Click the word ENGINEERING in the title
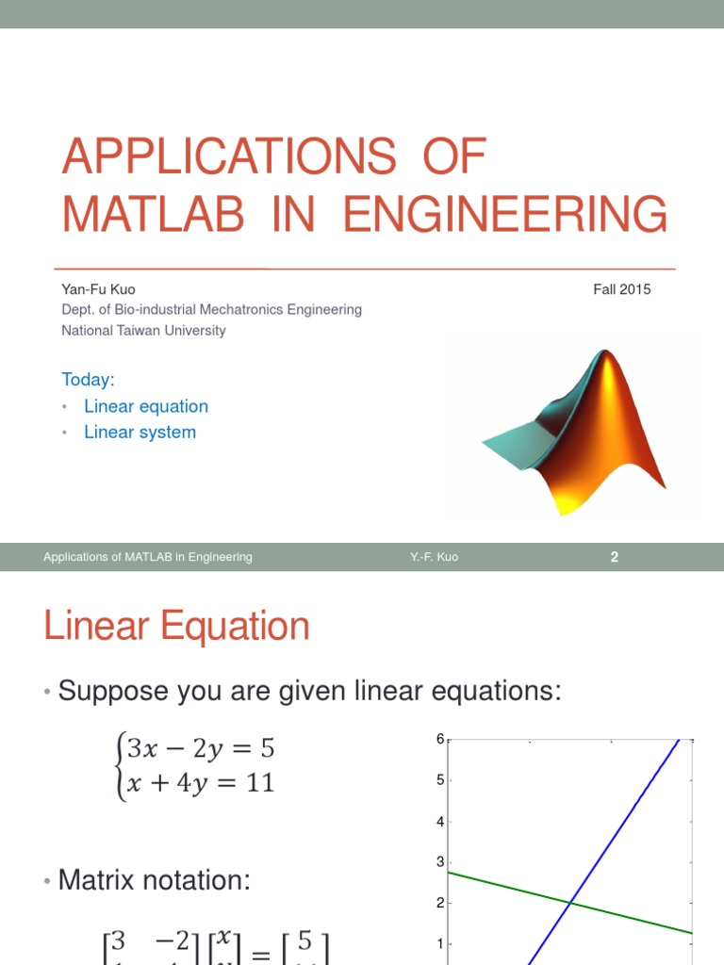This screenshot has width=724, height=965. tap(505, 214)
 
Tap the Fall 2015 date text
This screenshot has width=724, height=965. tap(621, 289)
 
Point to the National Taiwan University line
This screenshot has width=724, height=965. tap(143, 330)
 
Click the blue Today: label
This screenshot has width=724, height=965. tap(88, 379)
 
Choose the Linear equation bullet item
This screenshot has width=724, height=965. tap(145, 406)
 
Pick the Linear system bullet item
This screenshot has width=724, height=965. tap(140, 432)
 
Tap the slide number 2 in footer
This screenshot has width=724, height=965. tap(614, 557)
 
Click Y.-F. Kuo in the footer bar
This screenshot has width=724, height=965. tap(434, 557)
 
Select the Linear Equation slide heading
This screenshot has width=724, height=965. tap(176, 627)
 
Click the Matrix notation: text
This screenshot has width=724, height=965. tap(155, 880)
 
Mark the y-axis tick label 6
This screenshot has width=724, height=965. tap(439, 740)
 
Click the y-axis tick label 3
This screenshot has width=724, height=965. tap(439, 861)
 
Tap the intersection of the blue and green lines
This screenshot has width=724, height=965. tap(570, 903)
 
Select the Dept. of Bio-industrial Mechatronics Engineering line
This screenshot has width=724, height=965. tap(211, 309)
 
